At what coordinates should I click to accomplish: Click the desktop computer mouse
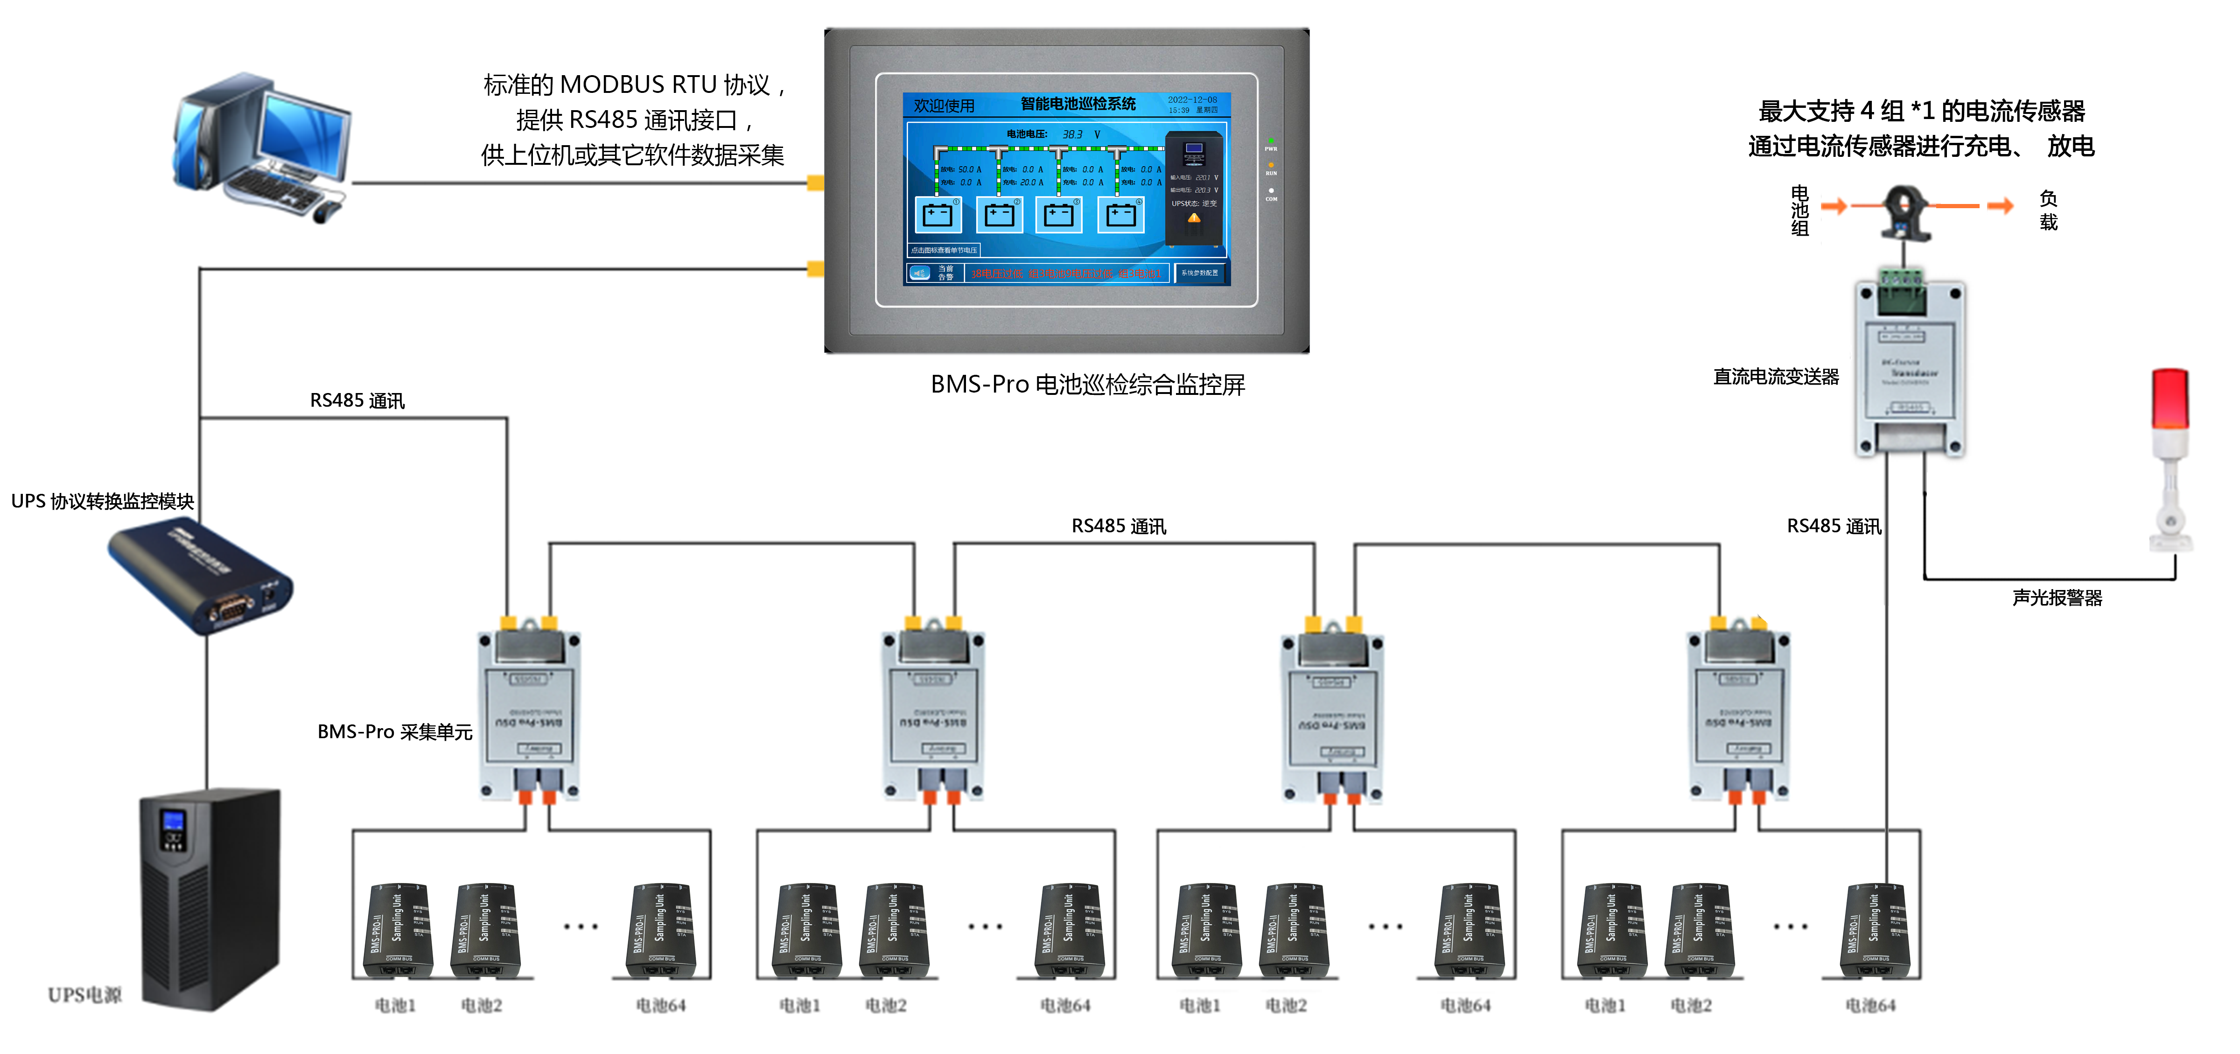326,211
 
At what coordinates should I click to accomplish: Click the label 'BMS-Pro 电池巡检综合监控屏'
1087,384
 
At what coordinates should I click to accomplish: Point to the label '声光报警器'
2057,598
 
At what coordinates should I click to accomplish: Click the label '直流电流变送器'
1776,377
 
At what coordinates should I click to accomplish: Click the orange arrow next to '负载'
2000,206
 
